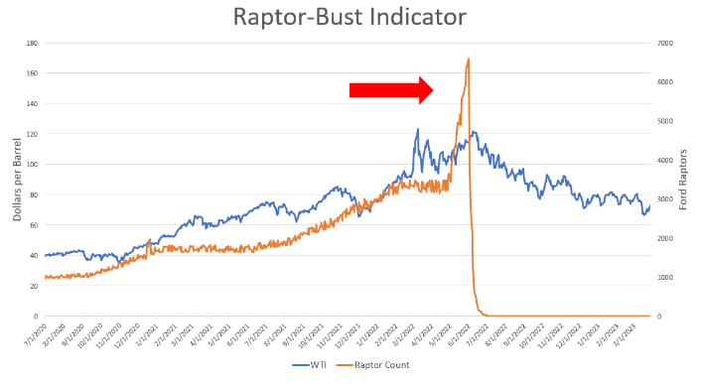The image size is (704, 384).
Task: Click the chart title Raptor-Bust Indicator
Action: (x=352, y=18)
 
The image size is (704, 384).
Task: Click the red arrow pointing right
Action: (x=391, y=90)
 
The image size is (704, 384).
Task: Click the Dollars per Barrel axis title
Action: (x=17, y=180)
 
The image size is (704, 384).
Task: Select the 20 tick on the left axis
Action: (x=33, y=286)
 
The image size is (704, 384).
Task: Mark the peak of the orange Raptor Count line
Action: (x=468, y=60)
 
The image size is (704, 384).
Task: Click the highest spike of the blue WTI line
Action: (x=417, y=129)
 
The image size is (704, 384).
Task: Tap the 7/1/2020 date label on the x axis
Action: (x=41, y=335)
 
